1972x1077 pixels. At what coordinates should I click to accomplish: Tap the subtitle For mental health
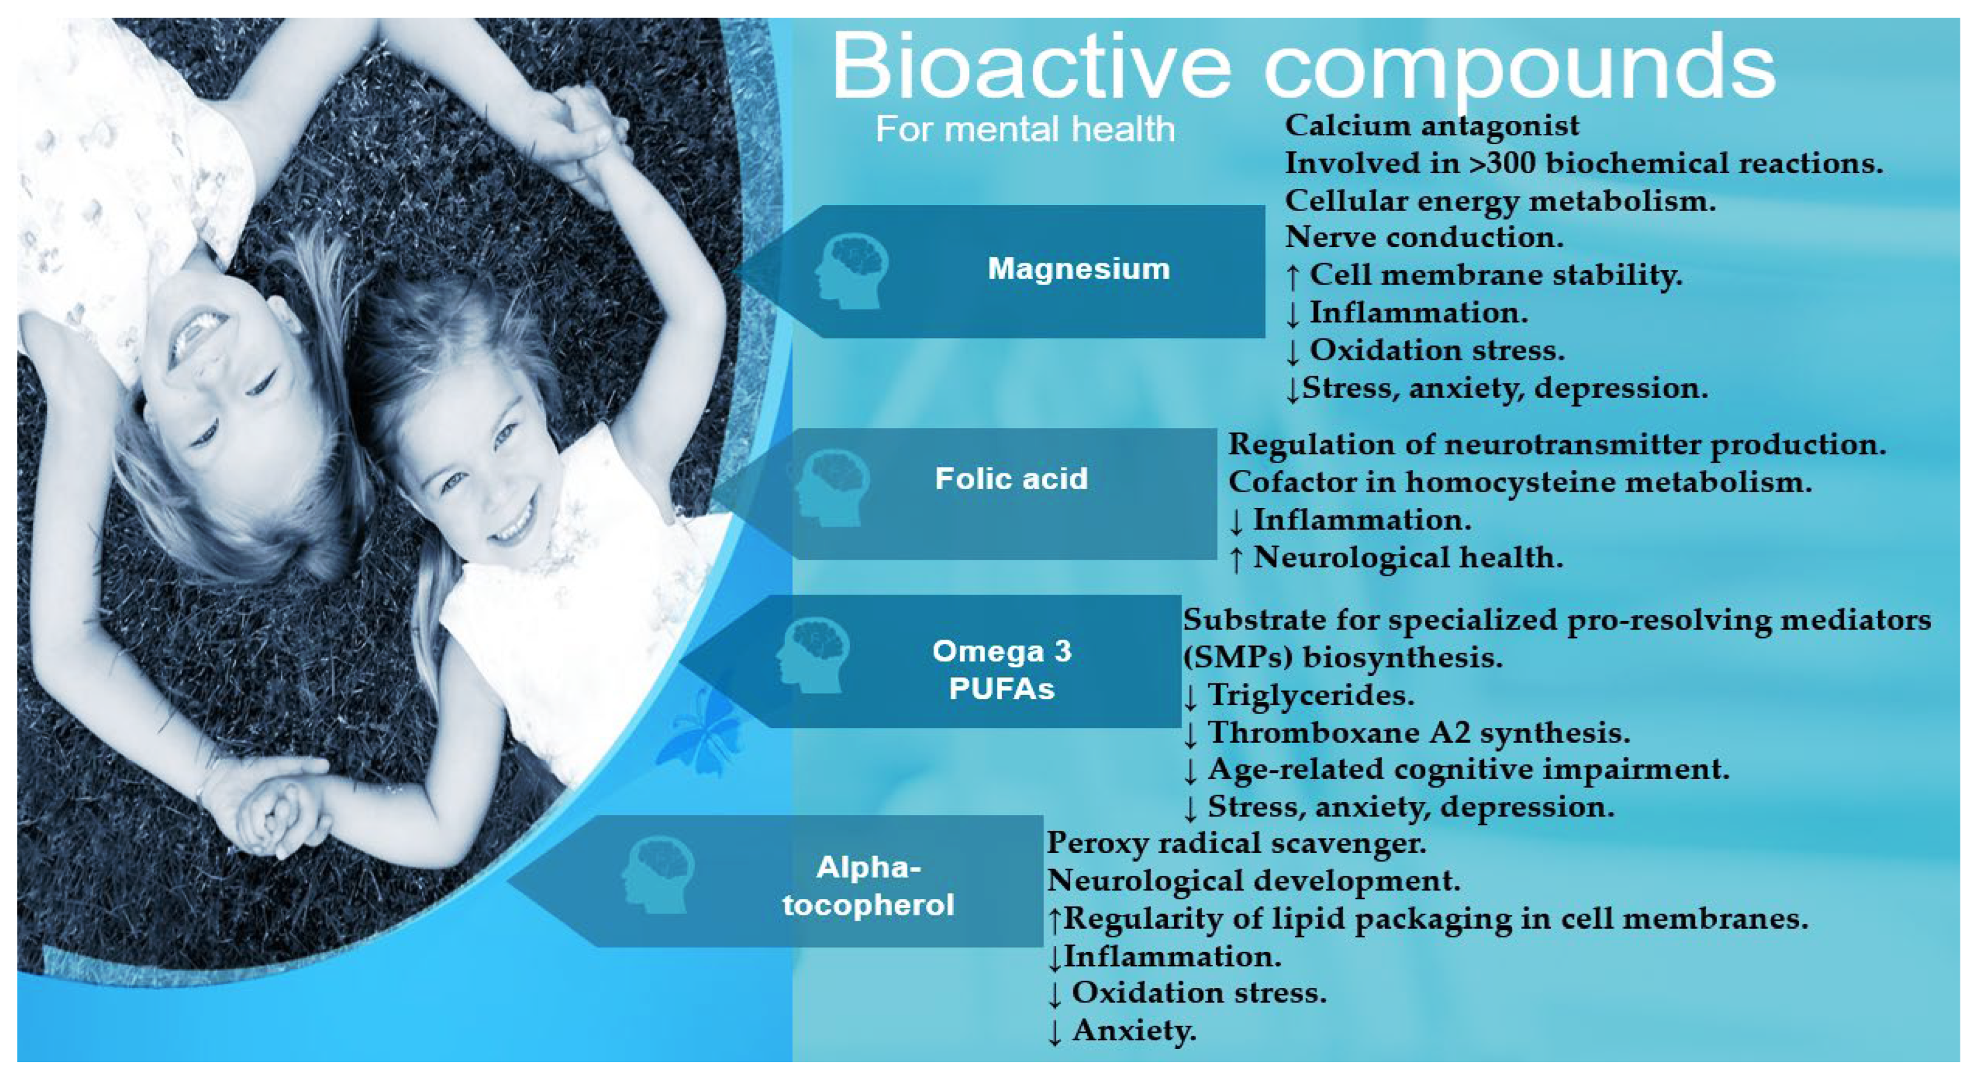pos(1025,129)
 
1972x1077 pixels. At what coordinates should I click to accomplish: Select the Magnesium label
pos(1078,269)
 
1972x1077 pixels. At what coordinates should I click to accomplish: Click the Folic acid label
pos(1011,478)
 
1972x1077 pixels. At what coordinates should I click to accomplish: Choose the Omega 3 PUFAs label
pos(1002,669)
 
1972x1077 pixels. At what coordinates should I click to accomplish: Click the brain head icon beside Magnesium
pos(851,271)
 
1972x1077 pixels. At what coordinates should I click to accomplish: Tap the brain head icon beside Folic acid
pos(832,488)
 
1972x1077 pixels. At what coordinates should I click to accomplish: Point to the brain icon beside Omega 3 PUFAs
pos(812,655)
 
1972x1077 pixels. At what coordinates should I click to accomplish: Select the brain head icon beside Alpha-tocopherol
pos(658,875)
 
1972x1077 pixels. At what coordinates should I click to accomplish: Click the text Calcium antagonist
pos(1432,126)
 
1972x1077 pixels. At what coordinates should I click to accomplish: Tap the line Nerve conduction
pos(1424,237)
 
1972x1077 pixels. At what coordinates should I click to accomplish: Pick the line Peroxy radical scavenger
pos(1236,844)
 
